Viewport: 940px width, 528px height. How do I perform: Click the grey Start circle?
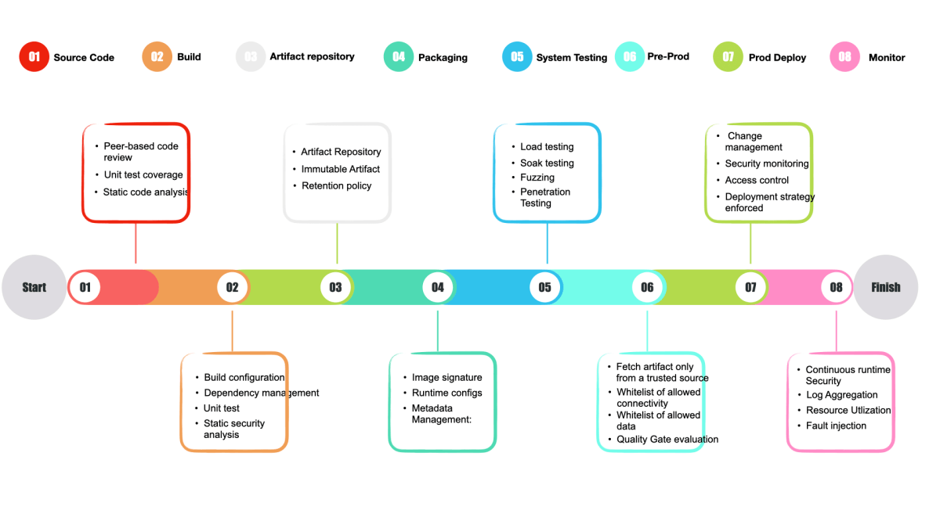point(34,287)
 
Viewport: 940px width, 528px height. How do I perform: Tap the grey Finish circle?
point(885,287)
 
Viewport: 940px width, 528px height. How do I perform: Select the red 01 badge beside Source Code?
point(34,56)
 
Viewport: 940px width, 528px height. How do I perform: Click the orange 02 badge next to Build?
point(157,56)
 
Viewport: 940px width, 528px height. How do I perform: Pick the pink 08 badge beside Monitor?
point(844,56)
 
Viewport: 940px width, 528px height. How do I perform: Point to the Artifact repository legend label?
point(312,56)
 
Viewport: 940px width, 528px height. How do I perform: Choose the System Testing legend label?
point(572,57)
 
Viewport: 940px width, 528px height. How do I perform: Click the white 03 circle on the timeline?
point(335,287)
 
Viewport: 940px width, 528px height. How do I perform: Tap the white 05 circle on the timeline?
point(544,287)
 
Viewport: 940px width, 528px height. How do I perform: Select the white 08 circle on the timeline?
point(836,287)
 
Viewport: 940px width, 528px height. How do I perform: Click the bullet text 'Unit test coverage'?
point(143,174)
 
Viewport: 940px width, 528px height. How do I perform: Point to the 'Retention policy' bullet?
point(337,185)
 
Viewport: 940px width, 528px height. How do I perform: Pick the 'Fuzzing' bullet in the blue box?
point(537,178)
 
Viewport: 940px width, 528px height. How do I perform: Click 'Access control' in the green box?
point(757,180)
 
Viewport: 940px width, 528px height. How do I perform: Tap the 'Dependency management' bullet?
point(262,393)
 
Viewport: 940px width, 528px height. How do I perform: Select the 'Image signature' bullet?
point(447,377)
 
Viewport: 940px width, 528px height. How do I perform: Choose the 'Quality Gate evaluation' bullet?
point(667,439)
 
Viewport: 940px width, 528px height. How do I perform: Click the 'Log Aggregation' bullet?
point(842,395)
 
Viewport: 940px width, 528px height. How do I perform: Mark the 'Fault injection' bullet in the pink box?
point(836,426)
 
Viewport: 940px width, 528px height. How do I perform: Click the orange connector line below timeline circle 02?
point(232,331)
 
